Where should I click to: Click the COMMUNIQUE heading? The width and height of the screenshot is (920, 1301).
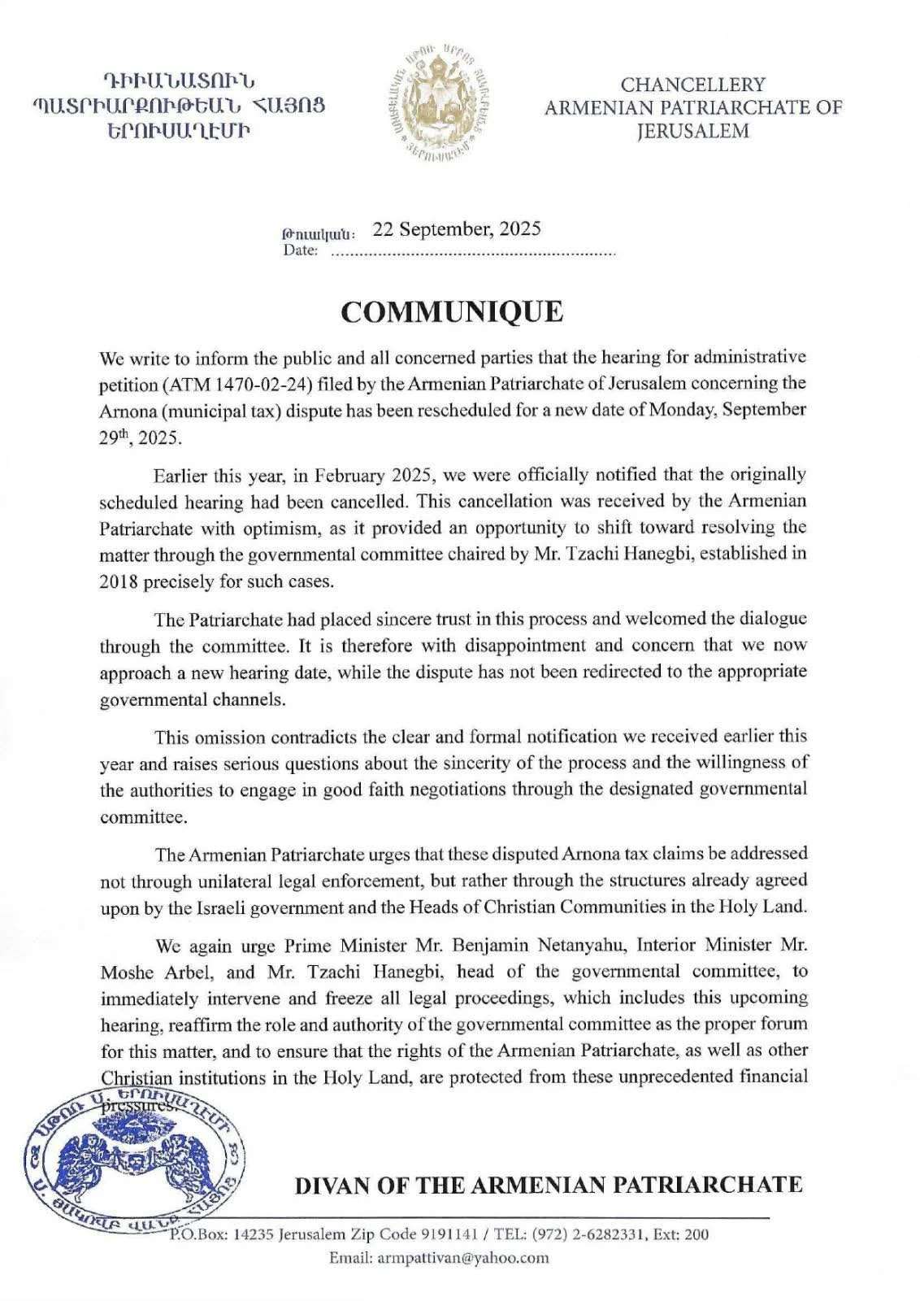pyautogui.click(x=451, y=311)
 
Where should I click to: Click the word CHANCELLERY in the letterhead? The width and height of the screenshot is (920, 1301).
pyautogui.click(x=692, y=85)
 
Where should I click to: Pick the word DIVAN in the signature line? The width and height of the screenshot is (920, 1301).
pyautogui.click(x=327, y=1184)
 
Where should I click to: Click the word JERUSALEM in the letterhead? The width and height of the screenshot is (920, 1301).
pyautogui.click(x=692, y=130)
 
